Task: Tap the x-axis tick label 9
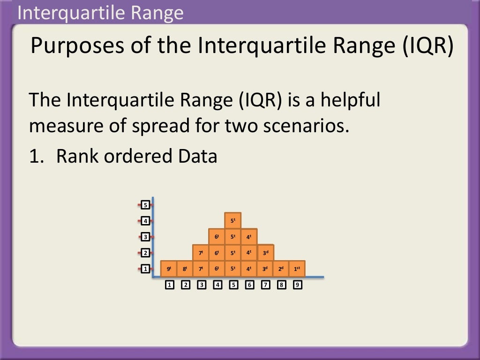pyautogui.click(x=297, y=285)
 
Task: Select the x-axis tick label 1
pyautogui.click(x=170, y=285)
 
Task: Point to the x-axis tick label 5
pyautogui.click(x=233, y=285)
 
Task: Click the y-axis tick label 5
pyautogui.click(x=146, y=205)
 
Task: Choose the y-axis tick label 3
pyautogui.click(x=146, y=237)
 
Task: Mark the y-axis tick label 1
pyautogui.click(x=146, y=269)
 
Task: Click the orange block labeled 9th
pyautogui.click(x=169, y=269)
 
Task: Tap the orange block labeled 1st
pyautogui.click(x=297, y=269)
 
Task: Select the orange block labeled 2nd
pyautogui.click(x=281, y=269)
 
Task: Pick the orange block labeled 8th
pyautogui.click(x=185, y=269)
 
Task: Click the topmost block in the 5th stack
pyautogui.click(x=233, y=220)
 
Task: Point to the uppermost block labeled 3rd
pyautogui.click(x=265, y=253)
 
